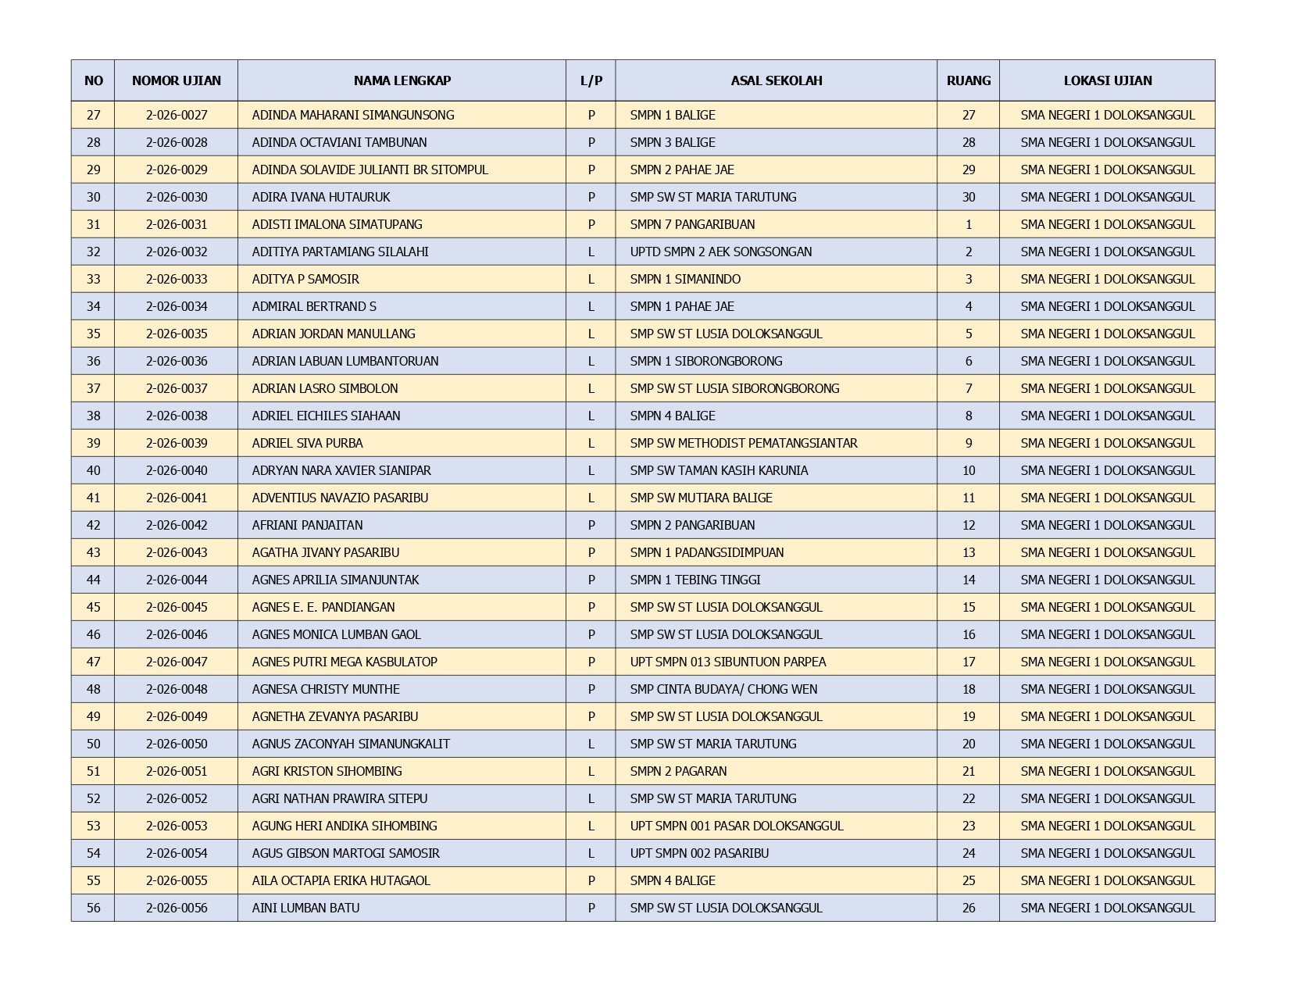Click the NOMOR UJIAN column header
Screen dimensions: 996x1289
176,80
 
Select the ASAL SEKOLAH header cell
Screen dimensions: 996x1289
776,80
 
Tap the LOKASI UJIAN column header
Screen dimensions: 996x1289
1107,80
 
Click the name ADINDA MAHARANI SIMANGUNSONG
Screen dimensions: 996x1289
352,115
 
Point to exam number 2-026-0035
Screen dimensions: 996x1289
177,334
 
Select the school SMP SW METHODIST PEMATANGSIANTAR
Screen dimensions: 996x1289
743,443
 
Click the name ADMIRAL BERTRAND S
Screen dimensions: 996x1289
314,306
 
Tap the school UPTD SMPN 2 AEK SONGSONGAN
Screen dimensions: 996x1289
720,252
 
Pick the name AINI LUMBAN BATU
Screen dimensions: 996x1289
305,908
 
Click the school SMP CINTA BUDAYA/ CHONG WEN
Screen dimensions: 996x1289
723,689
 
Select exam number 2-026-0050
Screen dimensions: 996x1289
177,744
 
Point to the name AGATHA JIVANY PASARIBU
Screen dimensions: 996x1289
325,552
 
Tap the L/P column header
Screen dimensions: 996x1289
591,80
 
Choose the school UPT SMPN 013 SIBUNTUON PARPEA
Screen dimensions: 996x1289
727,662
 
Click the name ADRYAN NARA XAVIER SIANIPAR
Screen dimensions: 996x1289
341,470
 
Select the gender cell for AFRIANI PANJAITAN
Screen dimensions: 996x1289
591,525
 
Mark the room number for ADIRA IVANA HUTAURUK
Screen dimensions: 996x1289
968,197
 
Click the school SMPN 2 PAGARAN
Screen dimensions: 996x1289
678,771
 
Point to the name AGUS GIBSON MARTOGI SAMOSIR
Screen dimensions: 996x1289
345,853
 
